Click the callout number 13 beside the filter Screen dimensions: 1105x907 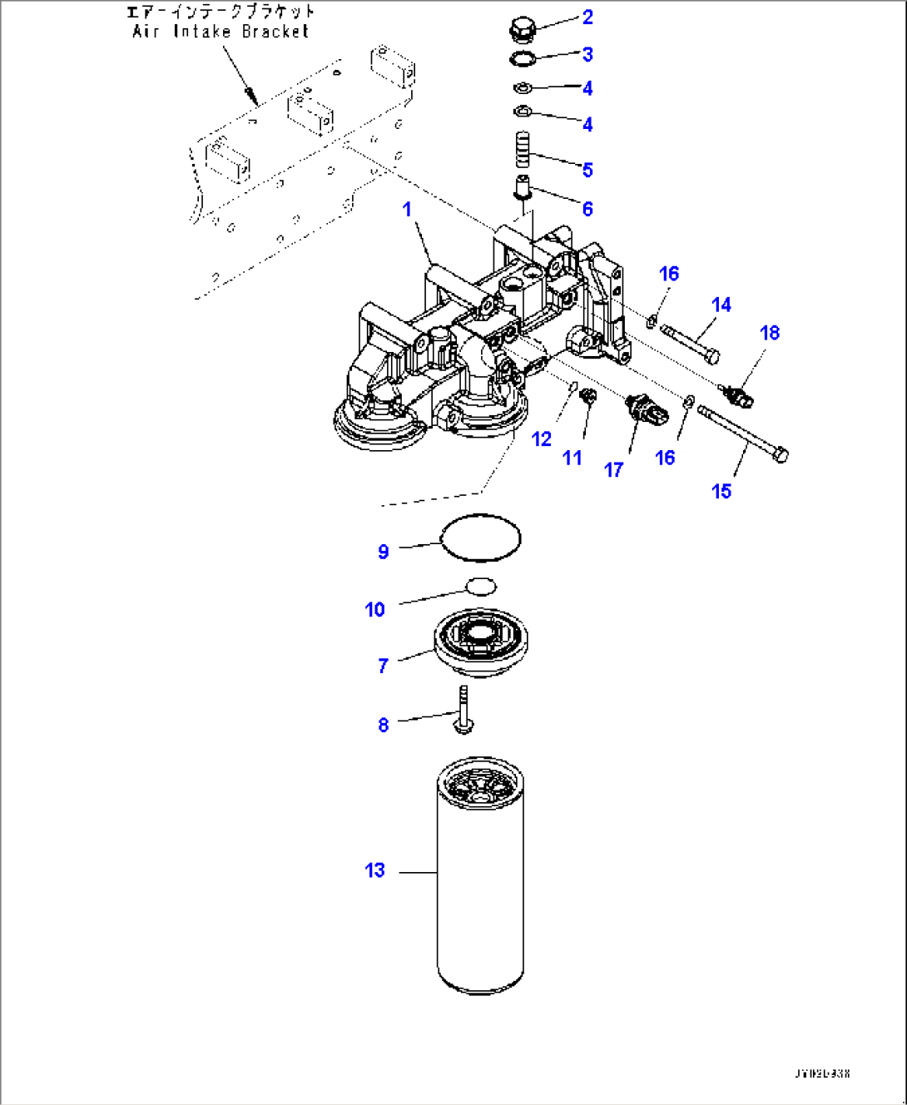(x=374, y=870)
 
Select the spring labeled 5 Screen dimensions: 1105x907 (x=521, y=150)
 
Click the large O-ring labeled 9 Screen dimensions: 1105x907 (x=480, y=538)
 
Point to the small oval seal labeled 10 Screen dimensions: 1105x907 (x=480, y=587)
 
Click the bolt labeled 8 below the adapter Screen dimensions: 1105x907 (x=463, y=709)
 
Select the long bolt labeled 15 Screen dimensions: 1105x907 (x=743, y=433)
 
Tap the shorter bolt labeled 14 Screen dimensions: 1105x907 (x=690, y=342)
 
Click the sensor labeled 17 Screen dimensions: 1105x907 (x=645, y=409)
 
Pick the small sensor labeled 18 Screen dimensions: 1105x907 (x=737, y=396)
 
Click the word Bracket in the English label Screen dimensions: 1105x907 (x=275, y=32)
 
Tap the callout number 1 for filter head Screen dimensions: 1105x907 (x=407, y=210)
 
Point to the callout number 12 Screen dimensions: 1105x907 (x=542, y=439)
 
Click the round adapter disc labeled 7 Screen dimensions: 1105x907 (x=480, y=641)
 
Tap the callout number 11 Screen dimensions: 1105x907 (x=572, y=458)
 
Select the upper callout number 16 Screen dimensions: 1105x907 (x=669, y=274)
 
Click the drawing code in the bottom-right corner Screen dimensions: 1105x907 (x=821, y=1073)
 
